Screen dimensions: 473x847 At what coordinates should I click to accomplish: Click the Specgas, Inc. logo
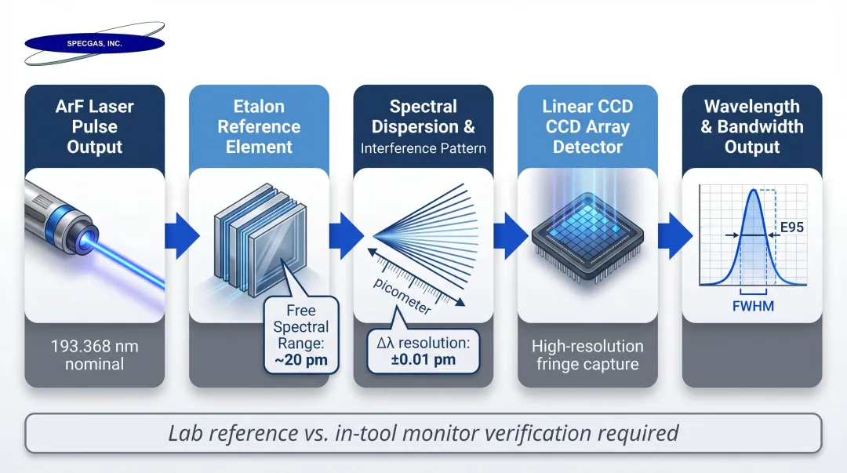(x=94, y=44)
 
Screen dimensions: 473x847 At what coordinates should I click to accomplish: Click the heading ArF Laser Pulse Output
(x=94, y=126)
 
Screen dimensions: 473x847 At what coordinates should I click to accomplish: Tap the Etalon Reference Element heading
(x=259, y=126)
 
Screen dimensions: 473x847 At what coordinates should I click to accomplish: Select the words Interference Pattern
(x=423, y=148)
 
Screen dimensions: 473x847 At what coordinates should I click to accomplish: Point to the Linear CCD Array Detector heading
(x=587, y=126)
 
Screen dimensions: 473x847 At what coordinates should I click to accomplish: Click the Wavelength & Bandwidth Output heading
(x=752, y=126)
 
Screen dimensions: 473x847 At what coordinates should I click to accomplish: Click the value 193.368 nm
(x=94, y=345)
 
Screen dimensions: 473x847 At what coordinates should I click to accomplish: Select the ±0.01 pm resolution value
(x=423, y=360)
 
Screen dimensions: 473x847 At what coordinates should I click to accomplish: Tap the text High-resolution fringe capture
(x=587, y=355)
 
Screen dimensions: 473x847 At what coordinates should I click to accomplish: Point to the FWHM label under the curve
(x=752, y=305)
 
